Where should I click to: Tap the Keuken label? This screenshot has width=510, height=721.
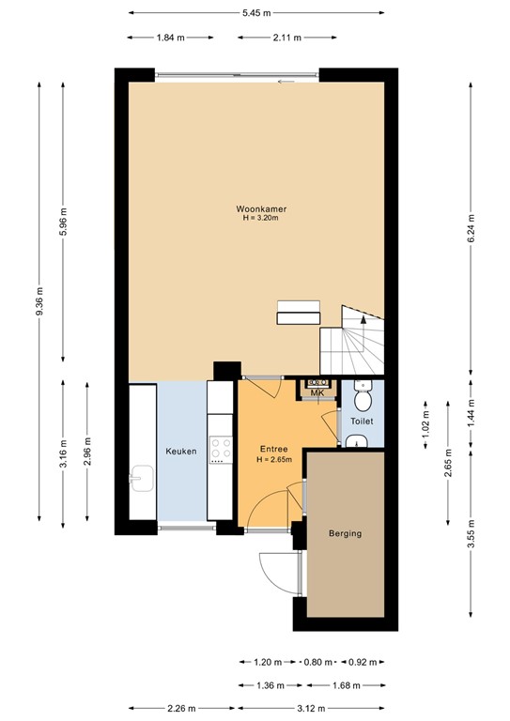(x=180, y=452)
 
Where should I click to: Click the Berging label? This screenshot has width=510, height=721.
(x=345, y=533)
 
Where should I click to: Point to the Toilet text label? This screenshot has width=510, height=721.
(x=362, y=422)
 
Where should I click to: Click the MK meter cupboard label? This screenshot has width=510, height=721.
(x=317, y=392)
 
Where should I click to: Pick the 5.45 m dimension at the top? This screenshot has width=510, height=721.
(x=255, y=13)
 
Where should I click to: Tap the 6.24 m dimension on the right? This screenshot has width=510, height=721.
(x=471, y=225)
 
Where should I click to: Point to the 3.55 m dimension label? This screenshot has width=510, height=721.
(x=471, y=545)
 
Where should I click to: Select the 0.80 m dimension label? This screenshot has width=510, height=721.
(x=317, y=662)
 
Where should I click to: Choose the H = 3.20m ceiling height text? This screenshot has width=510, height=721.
(x=255, y=218)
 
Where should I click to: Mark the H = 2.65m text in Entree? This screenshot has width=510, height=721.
(x=274, y=460)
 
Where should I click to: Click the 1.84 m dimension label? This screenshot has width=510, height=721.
(x=169, y=38)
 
